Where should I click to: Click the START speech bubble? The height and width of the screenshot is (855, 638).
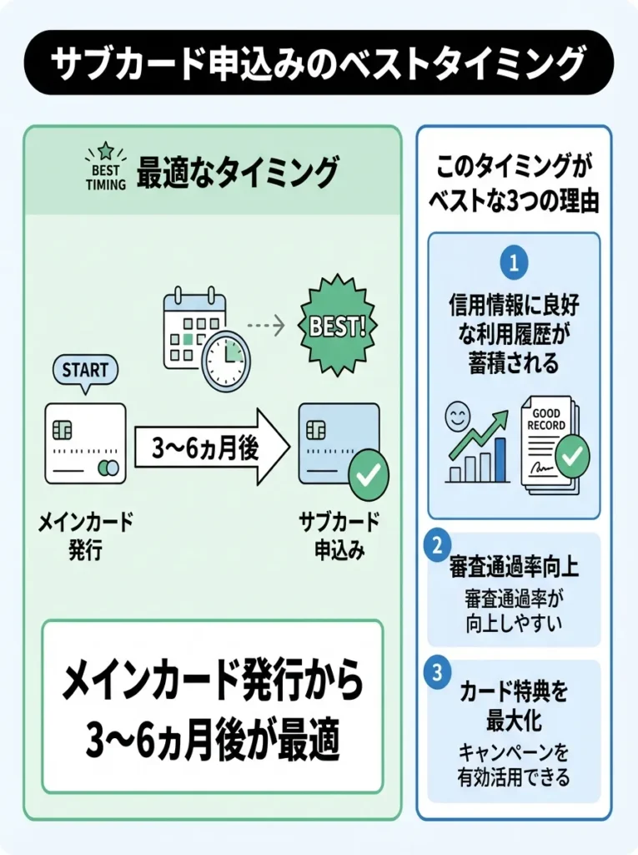tap(85, 370)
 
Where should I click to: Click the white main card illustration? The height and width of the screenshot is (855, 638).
tap(85, 443)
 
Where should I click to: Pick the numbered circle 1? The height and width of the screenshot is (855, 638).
tap(514, 263)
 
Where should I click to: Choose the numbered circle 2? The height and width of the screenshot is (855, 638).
tap(436, 546)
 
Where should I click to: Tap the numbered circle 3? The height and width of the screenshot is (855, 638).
tap(436, 674)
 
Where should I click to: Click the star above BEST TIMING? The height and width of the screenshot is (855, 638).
tap(105, 150)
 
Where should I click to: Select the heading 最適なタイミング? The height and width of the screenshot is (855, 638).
tap(238, 173)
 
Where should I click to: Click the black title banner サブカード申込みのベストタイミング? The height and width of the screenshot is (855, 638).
tap(319, 63)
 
